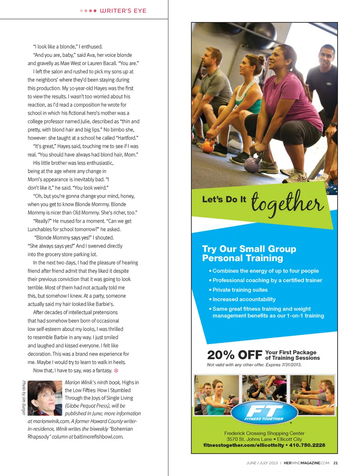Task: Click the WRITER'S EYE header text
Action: coord(123,11)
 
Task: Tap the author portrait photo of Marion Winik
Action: coord(45,398)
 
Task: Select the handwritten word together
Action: coord(287,202)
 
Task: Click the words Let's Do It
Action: coord(224,199)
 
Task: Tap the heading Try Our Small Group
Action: coord(249,249)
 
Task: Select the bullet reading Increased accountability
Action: coord(244,299)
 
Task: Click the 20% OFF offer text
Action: coord(234,355)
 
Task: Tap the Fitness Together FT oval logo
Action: coord(264,413)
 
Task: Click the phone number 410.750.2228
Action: coord(307,445)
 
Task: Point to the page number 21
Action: coord(336,463)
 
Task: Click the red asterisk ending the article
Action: coord(116,371)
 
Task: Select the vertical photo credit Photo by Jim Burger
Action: coord(24,397)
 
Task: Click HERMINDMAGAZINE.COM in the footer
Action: coord(306,463)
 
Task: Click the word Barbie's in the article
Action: coord(105,304)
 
